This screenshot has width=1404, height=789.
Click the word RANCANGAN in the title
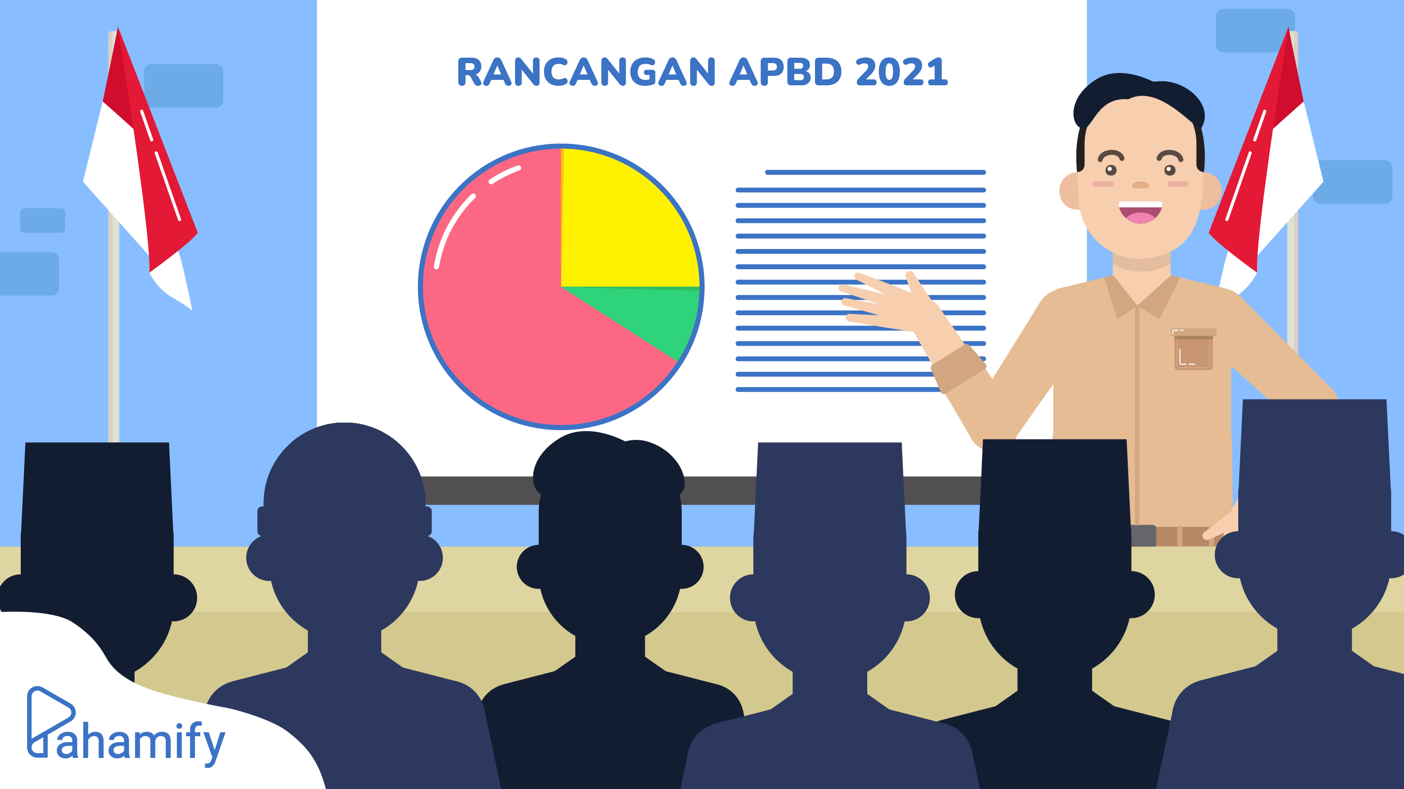tap(586, 72)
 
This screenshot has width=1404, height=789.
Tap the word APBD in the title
tap(786, 72)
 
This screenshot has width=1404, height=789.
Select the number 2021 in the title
tap(902, 72)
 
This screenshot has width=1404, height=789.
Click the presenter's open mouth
tap(1140, 213)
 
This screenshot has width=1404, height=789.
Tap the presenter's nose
tap(1140, 185)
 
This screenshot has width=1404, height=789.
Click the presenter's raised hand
tap(894, 305)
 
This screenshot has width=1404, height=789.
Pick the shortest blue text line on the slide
tap(875, 172)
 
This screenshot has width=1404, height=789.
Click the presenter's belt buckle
tap(1144, 536)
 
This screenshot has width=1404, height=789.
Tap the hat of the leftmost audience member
tap(97, 502)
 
